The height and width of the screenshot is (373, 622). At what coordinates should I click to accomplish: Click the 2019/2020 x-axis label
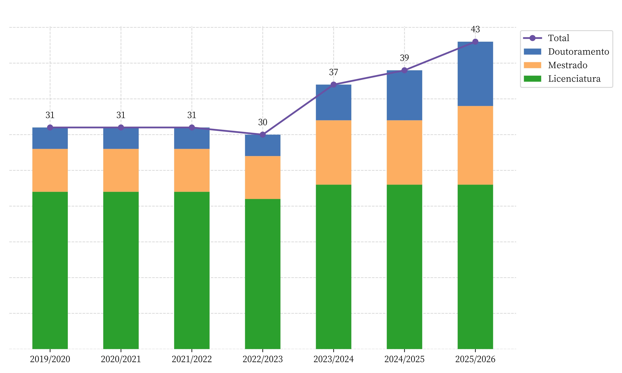[x=50, y=359]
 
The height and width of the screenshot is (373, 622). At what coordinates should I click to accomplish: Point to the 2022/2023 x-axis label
[x=262, y=359]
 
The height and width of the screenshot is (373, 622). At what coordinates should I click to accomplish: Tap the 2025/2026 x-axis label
[x=475, y=359]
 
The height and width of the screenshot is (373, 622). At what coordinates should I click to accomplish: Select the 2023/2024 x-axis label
[x=333, y=359]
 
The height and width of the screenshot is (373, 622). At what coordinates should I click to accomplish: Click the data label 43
[x=475, y=30]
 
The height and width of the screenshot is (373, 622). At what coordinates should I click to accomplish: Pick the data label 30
[x=262, y=122]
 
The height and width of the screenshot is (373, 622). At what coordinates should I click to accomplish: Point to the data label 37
[x=333, y=72]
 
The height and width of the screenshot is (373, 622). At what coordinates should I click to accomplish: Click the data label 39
[x=404, y=58]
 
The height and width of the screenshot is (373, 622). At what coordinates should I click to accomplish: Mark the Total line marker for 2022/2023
[x=262, y=135]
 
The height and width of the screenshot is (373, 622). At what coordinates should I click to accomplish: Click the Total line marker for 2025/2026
[x=475, y=42]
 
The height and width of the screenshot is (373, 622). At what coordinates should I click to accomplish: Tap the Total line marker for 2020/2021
[x=121, y=127]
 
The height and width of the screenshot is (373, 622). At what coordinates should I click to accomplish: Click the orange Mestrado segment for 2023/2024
[x=333, y=152]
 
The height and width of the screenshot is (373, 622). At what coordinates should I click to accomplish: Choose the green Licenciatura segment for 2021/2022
[x=192, y=270]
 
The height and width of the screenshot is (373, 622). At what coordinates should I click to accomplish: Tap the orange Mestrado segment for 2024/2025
[x=404, y=152]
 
